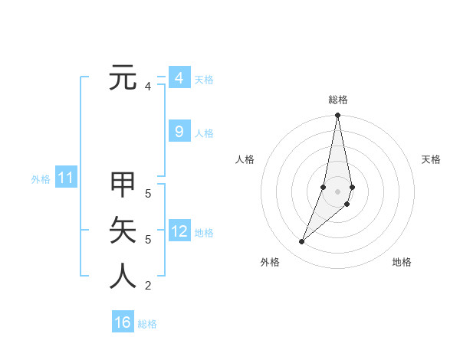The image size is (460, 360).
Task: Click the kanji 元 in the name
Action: [123, 77]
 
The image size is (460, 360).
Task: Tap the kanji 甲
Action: [123, 185]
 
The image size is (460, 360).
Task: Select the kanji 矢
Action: [123, 230]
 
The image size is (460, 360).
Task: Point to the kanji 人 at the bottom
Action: [123, 276]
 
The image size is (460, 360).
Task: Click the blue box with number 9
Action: [179, 132]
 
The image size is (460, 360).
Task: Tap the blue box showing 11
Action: [66, 178]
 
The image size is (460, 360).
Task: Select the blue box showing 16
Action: [123, 322]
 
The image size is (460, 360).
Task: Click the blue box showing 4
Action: [179, 78]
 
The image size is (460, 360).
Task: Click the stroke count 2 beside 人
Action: [148, 286]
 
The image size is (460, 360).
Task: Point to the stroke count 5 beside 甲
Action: [148, 194]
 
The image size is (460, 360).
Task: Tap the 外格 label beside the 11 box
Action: [41, 179]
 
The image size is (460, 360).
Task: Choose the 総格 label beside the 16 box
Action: [147, 324]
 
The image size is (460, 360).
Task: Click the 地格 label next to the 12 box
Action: [204, 233]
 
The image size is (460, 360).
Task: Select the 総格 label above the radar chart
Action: [337, 100]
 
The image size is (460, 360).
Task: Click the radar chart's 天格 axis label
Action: [431, 159]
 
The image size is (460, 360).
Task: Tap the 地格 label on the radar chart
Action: [402, 262]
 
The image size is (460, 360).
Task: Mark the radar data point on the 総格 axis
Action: [337, 116]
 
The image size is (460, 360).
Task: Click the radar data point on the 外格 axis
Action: [301, 242]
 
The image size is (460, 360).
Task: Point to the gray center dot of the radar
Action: [337, 191]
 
